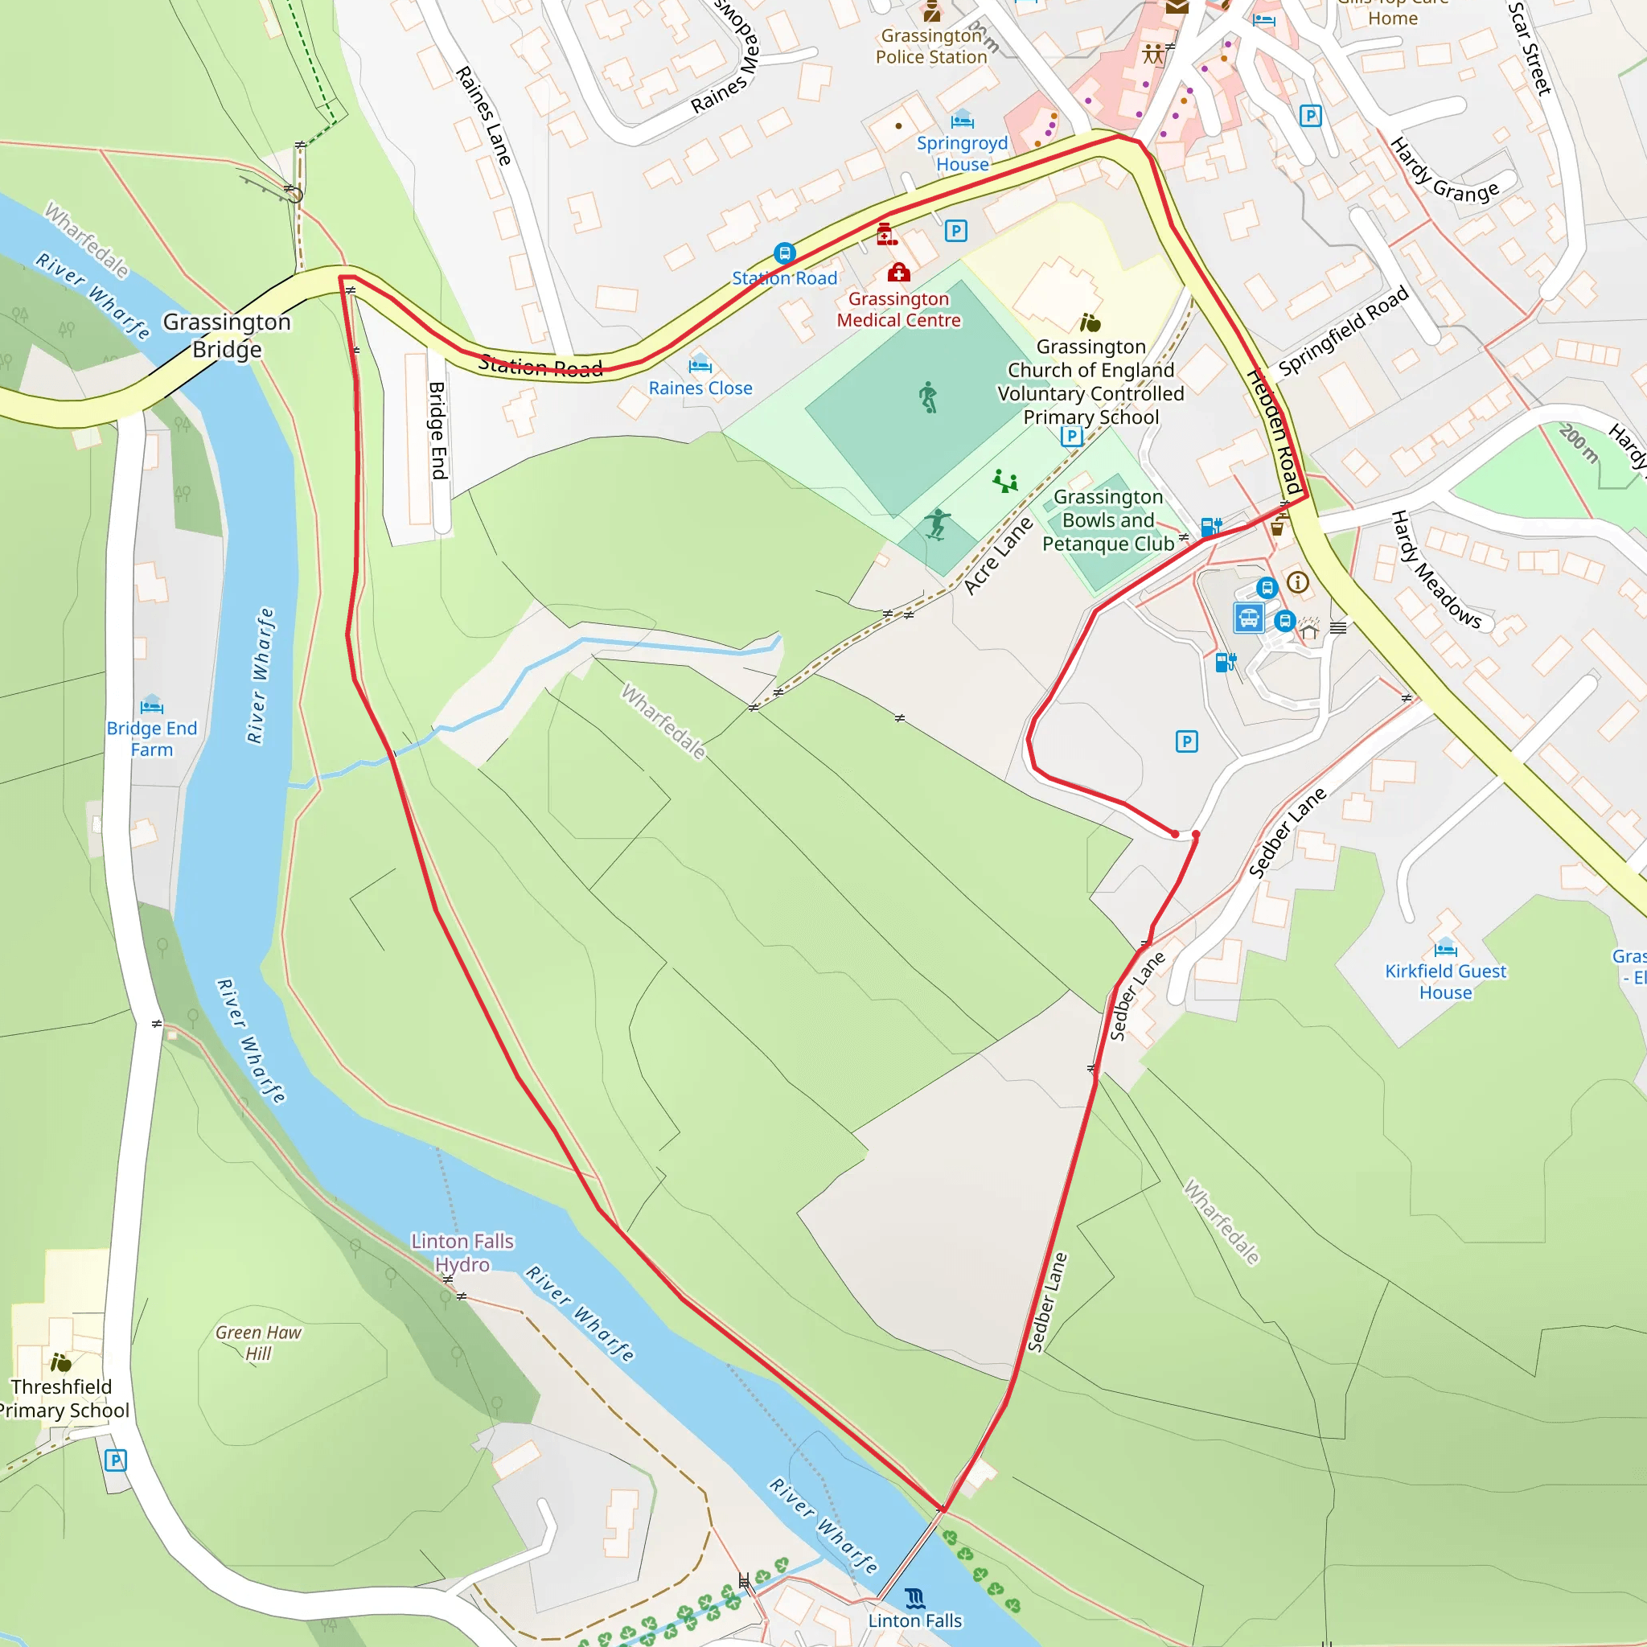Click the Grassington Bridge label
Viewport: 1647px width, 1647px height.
click(227, 335)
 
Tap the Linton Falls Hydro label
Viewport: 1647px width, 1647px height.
click(462, 1252)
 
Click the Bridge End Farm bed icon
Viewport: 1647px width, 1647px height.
click(152, 705)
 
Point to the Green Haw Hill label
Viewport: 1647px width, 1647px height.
click(257, 1343)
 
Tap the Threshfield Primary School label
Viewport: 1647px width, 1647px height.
click(62, 1399)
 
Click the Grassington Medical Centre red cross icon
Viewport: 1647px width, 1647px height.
click(898, 273)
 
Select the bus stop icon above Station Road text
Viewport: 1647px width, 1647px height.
click(784, 253)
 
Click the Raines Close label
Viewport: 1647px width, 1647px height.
click(700, 388)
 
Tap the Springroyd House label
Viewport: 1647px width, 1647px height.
click(962, 154)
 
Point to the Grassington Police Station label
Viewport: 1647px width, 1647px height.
click(931, 46)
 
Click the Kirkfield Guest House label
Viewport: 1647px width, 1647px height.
click(1445, 981)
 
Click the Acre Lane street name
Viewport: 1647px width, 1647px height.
click(997, 555)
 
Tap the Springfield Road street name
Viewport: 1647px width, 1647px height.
click(1343, 331)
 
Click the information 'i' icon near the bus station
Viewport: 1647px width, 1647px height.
click(1297, 582)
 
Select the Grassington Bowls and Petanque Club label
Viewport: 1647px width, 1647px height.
click(1107, 520)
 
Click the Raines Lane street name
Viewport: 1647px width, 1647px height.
click(483, 115)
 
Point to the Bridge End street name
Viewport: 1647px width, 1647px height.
click(437, 429)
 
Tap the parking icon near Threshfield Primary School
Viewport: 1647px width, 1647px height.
click(115, 1460)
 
